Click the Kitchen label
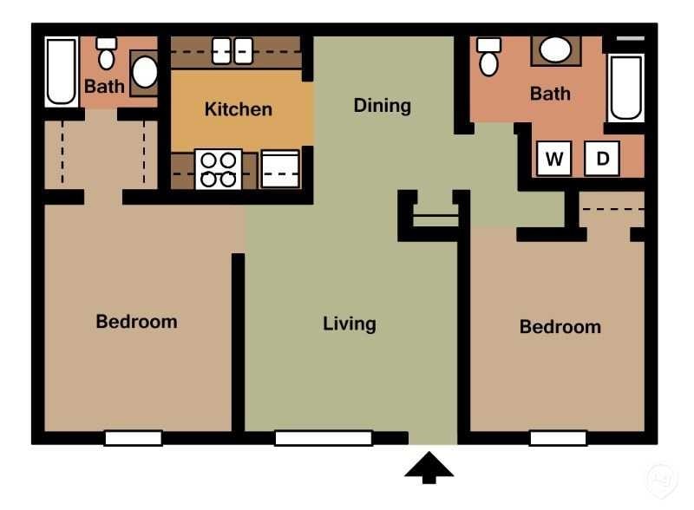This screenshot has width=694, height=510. pyautogui.click(x=238, y=109)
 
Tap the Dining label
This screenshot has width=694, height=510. pyautogui.click(x=382, y=106)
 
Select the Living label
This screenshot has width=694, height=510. pyautogui.click(x=350, y=324)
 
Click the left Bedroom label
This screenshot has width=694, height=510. pyautogui.click(x=136, y=322)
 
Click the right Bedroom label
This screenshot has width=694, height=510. pyautogui.click(x=560, y=327)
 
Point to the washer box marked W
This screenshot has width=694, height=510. pyautogui.click(x=554, y=159)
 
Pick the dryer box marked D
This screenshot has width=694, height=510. pyautogui.click(x=602, y=159)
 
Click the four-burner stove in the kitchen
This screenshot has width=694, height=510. pyautogui.click(x=218, y=169)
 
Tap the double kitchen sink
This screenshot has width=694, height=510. pyautogui.click(x=232, y=50)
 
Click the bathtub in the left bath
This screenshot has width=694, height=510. pyautogui.click(x=62, y=71)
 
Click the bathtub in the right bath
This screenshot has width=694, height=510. pyautogui.click(x=625, y=88)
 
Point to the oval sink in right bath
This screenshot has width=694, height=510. pyautogui.click(x=555, y=49)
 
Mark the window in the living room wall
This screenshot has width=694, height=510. pyautogui.click(x=323, y=438)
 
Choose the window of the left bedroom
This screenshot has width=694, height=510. pyautogui.click(x=133, y=438)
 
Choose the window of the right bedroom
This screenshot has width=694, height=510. pyautogui.click(x=558, y=438)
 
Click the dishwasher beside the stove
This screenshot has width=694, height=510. pyautogui.click(x=280, y=169)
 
